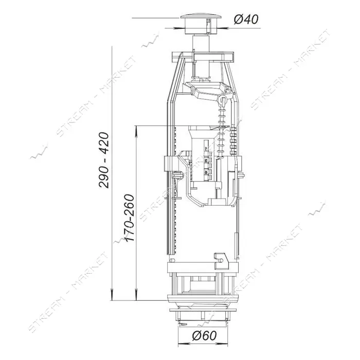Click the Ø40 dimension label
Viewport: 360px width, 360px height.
(x=246, y=19)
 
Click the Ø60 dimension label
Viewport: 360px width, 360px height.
(x=204, y=336)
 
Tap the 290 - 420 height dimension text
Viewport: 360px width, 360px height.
(x=104, y=160)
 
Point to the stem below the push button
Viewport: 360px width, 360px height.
(x=201, y=44)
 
